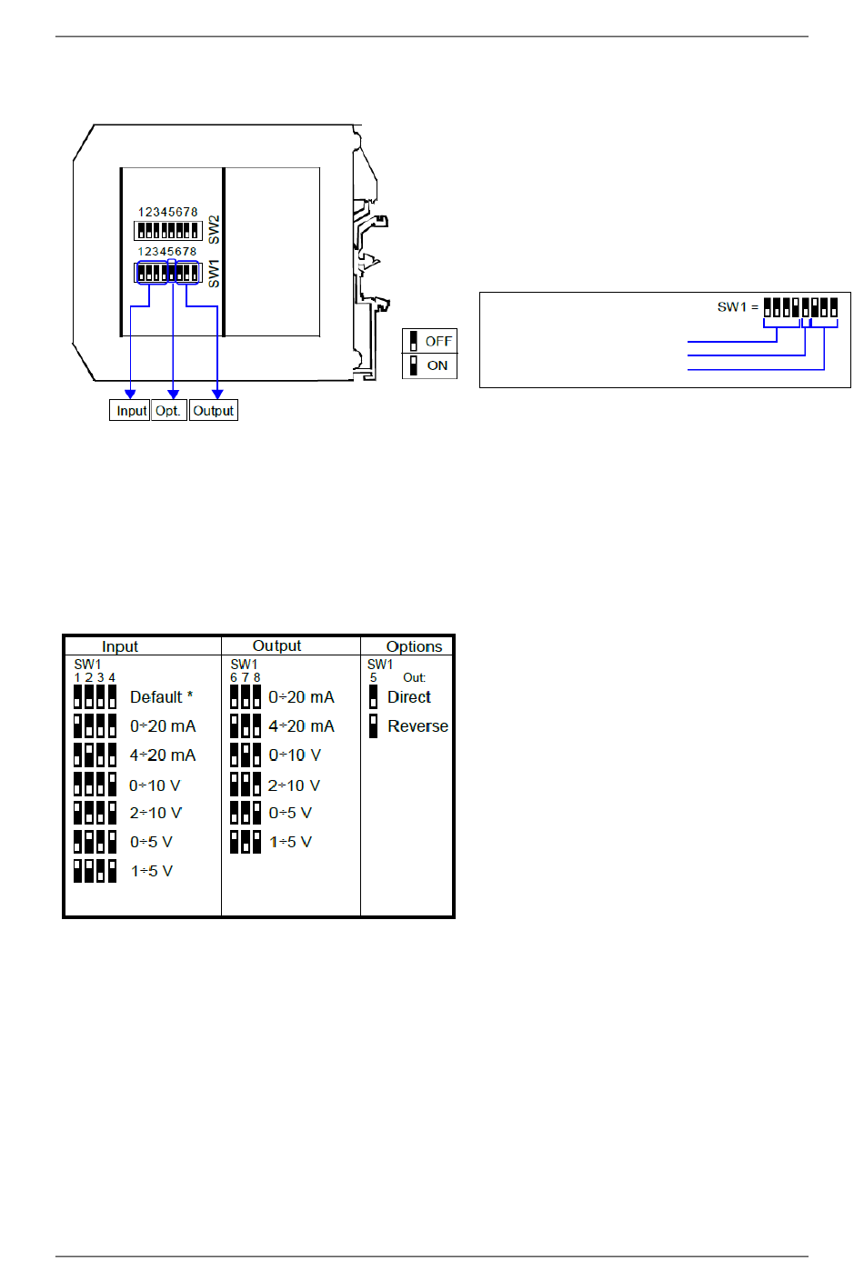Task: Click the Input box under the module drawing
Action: click(129, 410)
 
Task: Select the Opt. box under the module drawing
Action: click(168, 410)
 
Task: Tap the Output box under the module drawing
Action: click(214, 410)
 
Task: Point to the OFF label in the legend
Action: click(438, 341)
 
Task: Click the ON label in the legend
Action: click(437, 365)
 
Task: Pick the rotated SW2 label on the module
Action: click(214, 229)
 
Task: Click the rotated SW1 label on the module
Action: click(214, 274)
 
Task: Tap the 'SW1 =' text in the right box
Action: click(738, 307)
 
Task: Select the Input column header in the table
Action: click(120, 646)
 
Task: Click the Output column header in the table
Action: click(276, 645)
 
